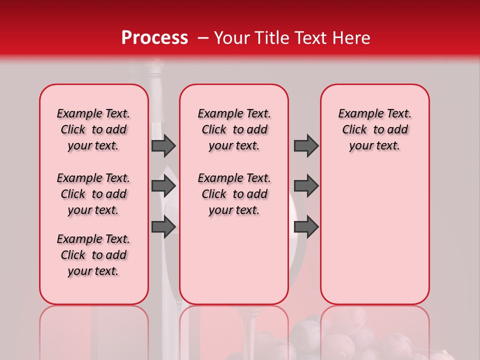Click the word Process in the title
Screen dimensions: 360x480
click(x=154, y=38)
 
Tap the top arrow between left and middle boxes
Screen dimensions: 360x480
click(x=163, y=145)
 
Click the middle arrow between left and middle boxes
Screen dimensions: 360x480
click(x=163, y=186)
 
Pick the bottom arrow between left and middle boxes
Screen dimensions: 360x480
click(x=163, y=226)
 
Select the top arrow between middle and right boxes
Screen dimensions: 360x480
click(x=306, y=145)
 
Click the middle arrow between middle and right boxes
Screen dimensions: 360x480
click(x=306, y=186)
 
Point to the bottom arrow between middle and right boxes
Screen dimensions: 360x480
click(x=306, y=226)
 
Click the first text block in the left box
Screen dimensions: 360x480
click(x=93, y=129)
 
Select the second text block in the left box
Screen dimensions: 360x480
click(x=93, y=194)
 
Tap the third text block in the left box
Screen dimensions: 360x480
click(x=93, y=255)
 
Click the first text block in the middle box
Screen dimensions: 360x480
click(x=234, y=129)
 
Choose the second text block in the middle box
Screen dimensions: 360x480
click(x=234, y=194)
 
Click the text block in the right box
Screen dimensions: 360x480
click(x=374, y=129)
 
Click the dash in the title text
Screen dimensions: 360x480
click(x=203, y=38)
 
